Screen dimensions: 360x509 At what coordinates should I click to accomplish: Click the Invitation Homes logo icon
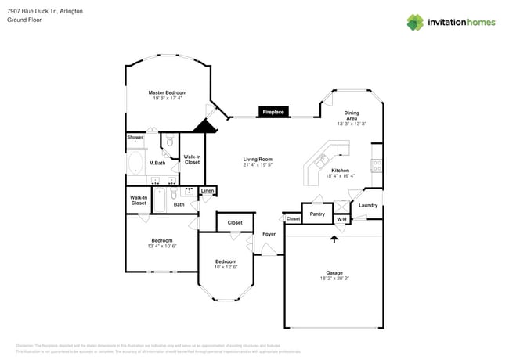415,22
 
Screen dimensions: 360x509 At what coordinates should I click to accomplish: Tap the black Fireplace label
273,112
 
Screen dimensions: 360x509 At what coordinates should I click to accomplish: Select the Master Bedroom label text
168,92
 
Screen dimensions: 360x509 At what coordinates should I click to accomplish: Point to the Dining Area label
352,116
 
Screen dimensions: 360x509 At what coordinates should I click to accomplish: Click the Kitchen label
340,170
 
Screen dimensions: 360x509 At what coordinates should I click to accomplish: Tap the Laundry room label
368,205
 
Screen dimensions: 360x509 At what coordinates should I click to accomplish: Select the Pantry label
317,214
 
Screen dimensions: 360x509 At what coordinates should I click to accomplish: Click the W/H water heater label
341,219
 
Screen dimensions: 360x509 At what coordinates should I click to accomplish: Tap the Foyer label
269,234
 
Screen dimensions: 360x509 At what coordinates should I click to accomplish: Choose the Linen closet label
208,191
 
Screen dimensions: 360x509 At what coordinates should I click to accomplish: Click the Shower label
135,138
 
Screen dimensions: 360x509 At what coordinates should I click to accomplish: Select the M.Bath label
157,163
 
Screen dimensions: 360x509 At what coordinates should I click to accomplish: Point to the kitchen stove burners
376,165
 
